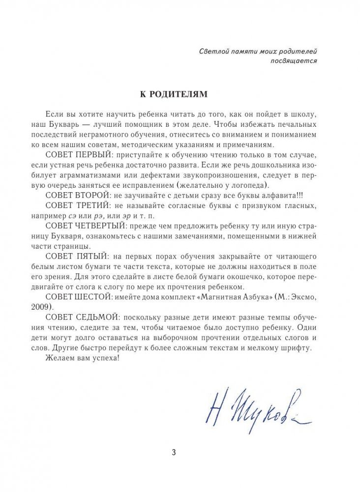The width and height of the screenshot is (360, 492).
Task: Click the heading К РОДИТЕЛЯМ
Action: (x=180, y=93)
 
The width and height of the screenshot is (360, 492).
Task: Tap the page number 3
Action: (x=180, y=453)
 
